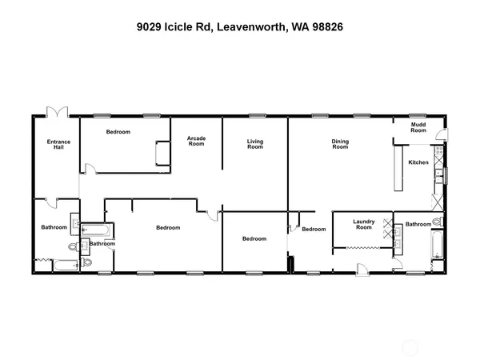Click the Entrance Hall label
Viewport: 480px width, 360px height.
tap(59, 145)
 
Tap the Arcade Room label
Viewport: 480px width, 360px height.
tap(196, 142)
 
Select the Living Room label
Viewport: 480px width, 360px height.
tap(254, 145)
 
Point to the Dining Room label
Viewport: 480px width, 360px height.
tap(340, 145)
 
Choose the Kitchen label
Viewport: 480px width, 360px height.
tap(418, 162)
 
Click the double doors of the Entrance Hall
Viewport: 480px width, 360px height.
tap(57, 114)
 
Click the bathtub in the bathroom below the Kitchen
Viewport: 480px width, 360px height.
tap(437, 246)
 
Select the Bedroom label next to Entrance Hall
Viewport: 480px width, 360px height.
tap(118, 132)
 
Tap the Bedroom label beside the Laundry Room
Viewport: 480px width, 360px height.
tap(314, 230)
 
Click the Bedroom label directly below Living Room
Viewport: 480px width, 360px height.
tap(254, 238)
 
